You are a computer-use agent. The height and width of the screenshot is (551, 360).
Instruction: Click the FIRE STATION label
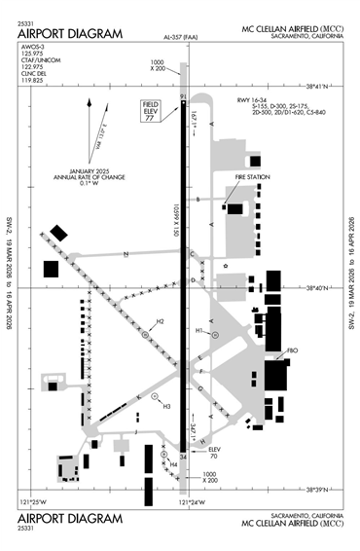(x=249, y=176)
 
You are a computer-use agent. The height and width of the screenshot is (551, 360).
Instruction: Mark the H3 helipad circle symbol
(x=156, y=396)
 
